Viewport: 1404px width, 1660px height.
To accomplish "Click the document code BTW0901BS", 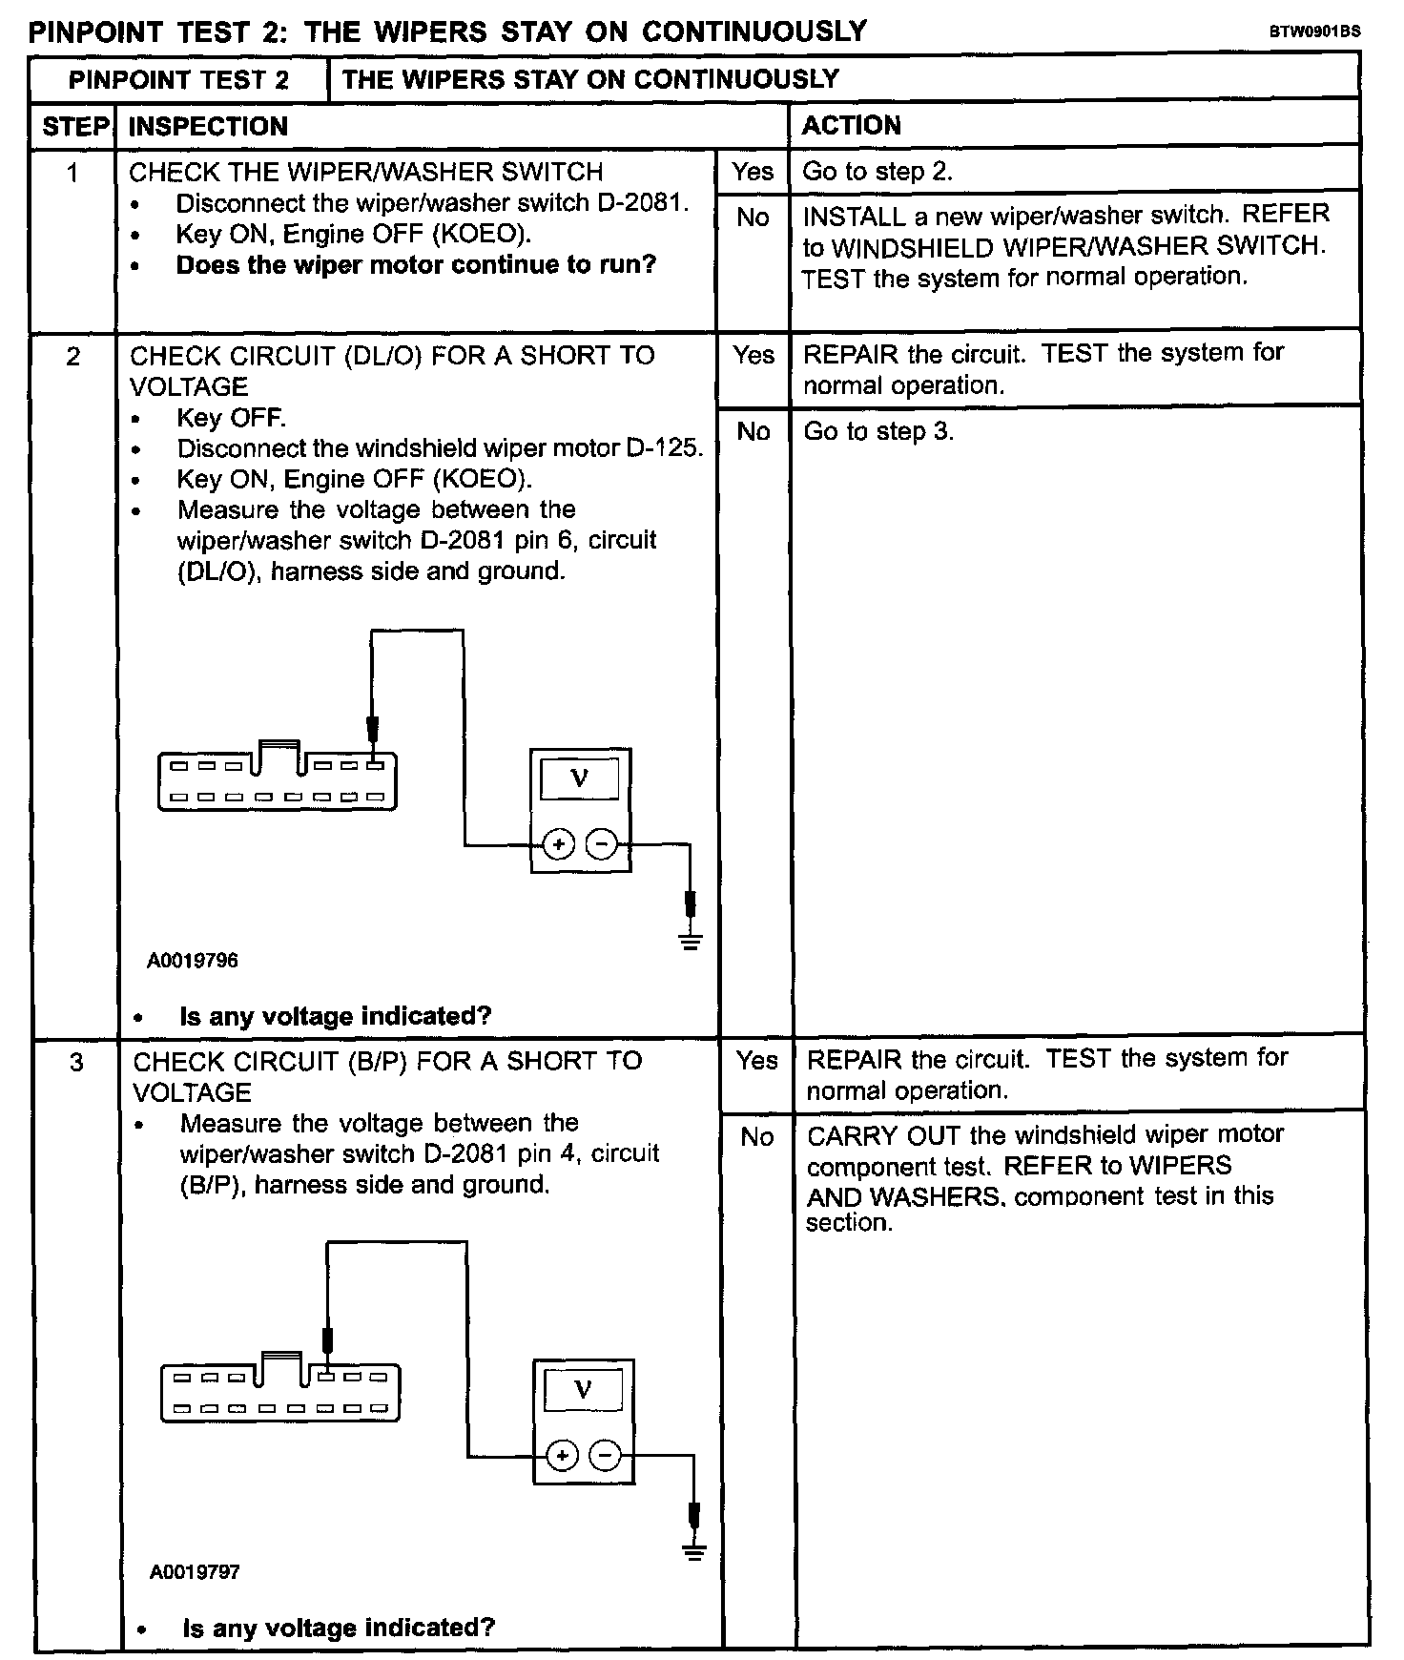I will point(1313,31).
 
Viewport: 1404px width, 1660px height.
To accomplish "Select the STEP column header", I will point(75,127).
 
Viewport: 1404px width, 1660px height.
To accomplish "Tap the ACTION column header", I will point(851,126).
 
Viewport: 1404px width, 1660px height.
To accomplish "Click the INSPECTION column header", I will point(208,127).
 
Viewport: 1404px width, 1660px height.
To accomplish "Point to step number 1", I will point(72,173).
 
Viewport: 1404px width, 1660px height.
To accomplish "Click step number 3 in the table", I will point(76,1062).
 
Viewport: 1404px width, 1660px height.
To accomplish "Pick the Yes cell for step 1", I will point(753,172).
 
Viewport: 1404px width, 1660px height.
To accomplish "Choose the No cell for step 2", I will point(754,432).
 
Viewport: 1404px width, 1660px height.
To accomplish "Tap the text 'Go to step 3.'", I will point(878,431).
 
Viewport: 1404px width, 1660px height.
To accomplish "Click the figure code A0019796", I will point(193,961).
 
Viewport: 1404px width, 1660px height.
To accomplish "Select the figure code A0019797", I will point(195,1572).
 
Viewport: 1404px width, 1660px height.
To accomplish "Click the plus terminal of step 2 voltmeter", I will point(558,844).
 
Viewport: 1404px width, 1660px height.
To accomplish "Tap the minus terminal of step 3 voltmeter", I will point(606,1456).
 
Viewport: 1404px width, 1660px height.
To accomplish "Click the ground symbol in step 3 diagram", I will point(694,1552).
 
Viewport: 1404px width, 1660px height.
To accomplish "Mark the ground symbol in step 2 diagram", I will point(691,941).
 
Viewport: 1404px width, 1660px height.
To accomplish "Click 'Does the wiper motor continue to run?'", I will point(416,265).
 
